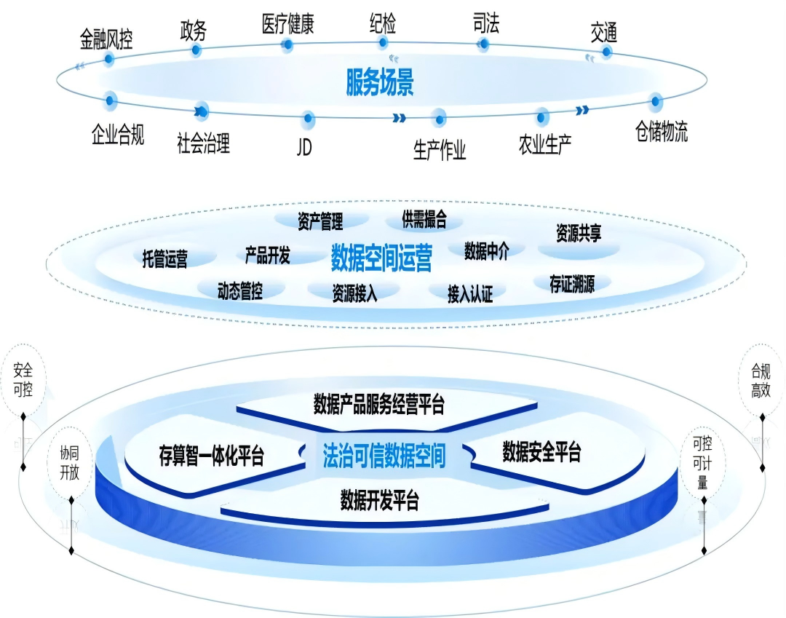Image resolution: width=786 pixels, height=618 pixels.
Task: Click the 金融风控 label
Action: point(106,39)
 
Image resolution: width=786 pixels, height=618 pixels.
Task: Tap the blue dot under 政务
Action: point(195,50)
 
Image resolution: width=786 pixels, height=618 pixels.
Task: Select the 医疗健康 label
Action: point(287,24)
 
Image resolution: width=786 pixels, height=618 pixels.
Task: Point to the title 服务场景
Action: point(380,84)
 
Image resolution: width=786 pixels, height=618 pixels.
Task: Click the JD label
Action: point(304,146)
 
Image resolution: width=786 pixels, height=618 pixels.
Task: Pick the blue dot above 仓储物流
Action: point(655,102)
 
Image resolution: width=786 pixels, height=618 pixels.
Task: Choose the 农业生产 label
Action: point(545,143)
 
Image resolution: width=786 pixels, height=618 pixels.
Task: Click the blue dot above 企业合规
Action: point(110,99)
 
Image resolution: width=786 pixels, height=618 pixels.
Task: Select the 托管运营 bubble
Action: point(165,259)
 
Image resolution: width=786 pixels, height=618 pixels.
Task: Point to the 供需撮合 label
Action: point(424,218)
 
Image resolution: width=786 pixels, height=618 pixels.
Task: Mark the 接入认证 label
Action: point(470,293)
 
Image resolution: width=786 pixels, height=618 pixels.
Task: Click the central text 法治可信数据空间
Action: point(384,456)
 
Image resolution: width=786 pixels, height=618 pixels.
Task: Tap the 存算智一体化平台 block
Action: point(211,456)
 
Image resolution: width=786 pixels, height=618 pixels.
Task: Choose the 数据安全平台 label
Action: point(542,453)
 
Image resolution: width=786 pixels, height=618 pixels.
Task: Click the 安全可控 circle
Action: point(23,379)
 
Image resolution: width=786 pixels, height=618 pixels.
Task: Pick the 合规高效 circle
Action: point(761,380)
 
